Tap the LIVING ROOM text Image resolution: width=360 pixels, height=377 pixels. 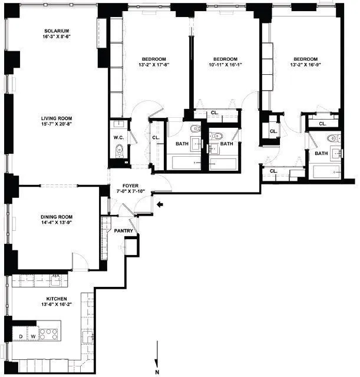click(x=57, y=118)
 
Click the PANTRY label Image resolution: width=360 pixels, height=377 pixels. click(x=123, y=232)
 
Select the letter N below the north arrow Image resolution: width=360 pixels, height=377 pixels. click(x=157, y=371)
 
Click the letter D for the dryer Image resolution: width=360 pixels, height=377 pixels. click(x=22, y=336)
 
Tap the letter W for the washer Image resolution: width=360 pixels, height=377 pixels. click(x=33, y=336)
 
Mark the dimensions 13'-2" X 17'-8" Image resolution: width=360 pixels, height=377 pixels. click(x=156, y=65)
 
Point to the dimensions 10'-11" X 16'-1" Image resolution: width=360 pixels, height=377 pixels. click(x=225, y=65)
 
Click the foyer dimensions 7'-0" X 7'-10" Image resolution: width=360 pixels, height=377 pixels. click(x=130, y=192)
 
